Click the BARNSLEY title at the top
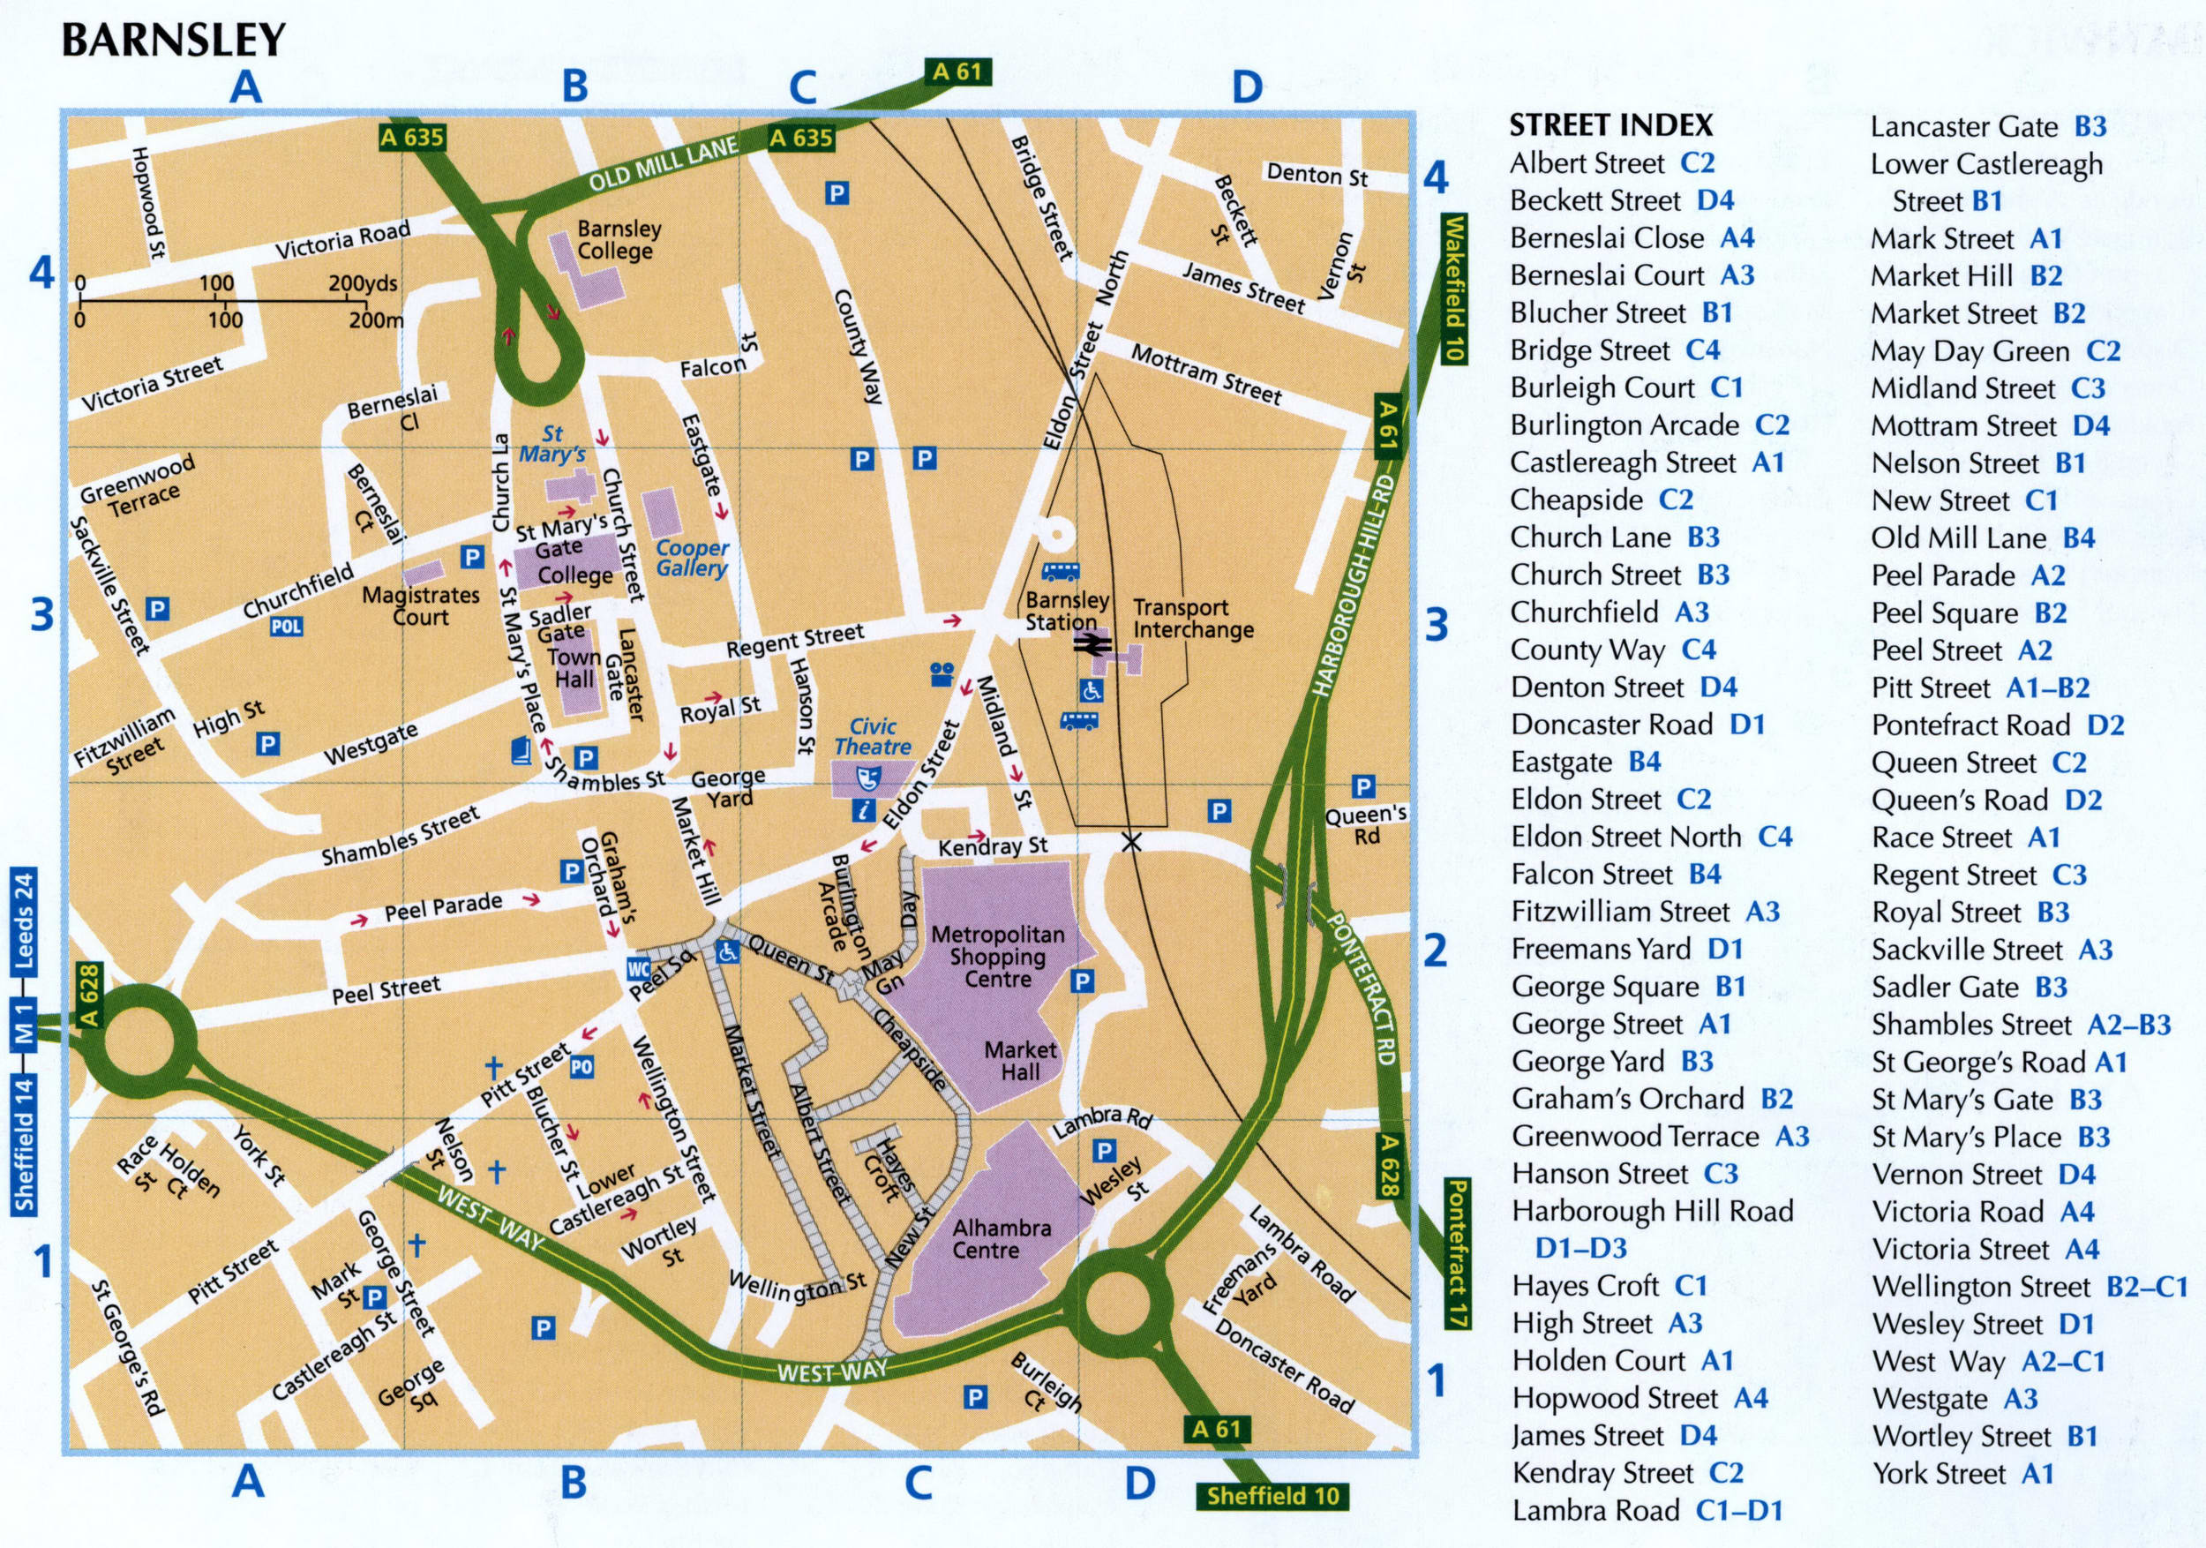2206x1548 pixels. pos(174,41)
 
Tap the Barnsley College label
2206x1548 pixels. pos(619,240)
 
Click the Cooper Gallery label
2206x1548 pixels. pos(692,559)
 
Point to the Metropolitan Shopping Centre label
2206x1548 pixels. pos(997,957)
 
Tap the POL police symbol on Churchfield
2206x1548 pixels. pos(286,627)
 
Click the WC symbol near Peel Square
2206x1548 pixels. pos(638,968)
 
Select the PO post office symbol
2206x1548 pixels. pos(582,1067)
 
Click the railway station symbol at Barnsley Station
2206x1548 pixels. pos(1092,646)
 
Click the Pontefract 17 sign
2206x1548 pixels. pos(1457,1253)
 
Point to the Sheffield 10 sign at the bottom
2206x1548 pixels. pos(1272,1496)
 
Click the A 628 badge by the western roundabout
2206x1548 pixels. pos(89,996)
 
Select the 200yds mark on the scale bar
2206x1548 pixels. pos(361,283)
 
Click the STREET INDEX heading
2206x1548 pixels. pos(1610,125)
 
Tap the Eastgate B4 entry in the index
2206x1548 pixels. pos(1586,762)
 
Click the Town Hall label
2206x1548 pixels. pos(574,668)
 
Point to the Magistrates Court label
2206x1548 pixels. pos(420,606)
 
